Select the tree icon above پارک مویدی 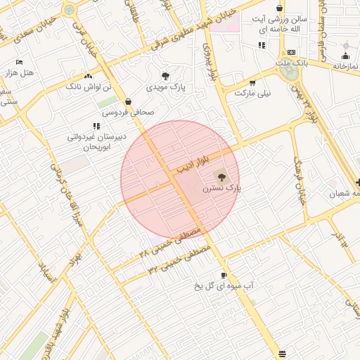165,75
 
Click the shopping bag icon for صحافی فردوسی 127,101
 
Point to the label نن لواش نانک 89,86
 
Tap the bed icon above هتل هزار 19,62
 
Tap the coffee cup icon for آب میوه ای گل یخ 224,275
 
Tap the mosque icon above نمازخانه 345,55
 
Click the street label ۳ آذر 341,238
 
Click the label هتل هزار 19,73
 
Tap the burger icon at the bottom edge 282,352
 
